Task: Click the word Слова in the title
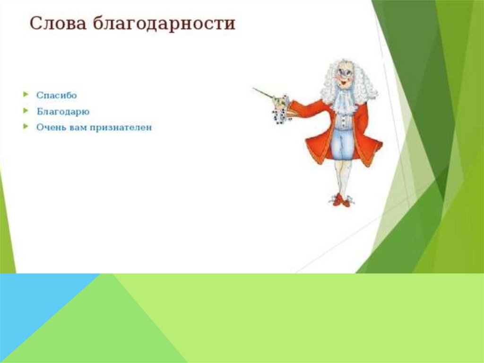point(58,24)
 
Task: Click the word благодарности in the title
point(164,24)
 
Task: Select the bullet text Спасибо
point(57,95)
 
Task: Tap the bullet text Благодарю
point(63,111)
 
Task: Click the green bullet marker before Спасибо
point(26,94)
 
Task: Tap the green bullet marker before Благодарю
point(26,110)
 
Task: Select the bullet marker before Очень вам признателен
point(26,126)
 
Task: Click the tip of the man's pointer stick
point(253,89)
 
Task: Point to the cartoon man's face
point(345,76)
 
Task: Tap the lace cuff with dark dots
point(281,116)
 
